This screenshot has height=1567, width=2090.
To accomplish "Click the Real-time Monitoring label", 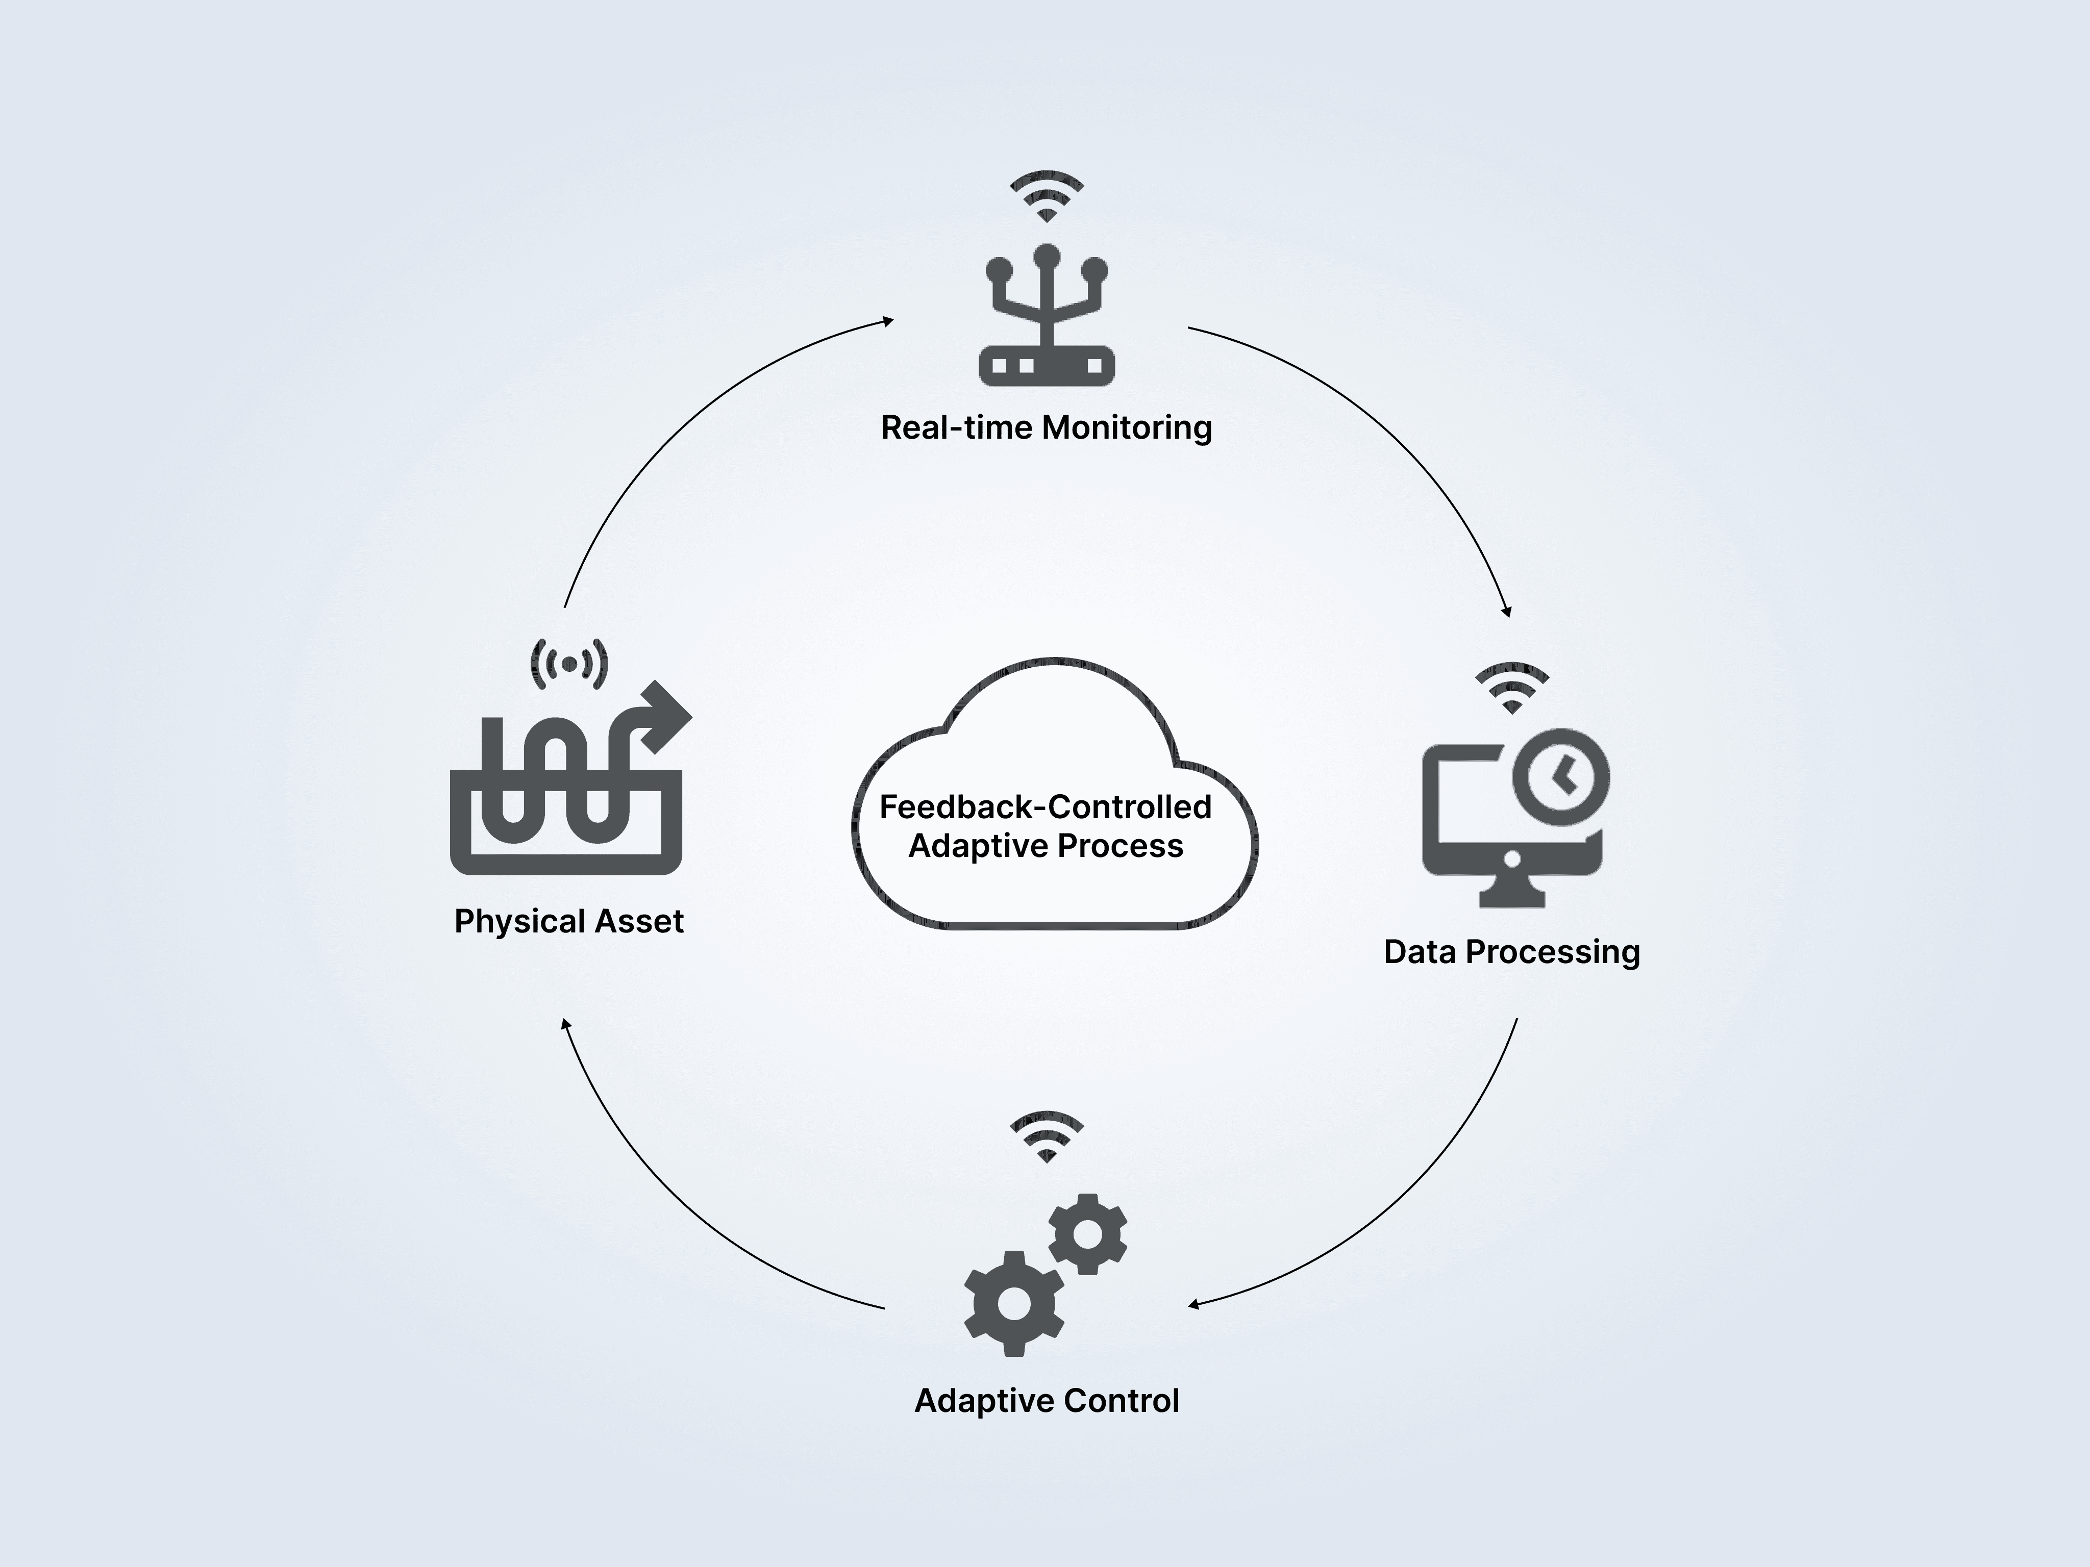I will [x=1046, y=428].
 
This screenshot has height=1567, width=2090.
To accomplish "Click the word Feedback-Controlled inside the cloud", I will [x=1045, y=806].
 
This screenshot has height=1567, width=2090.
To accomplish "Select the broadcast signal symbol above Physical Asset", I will [x=569, y=664].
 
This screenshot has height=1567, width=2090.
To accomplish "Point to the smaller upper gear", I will [x=1087, y=1233].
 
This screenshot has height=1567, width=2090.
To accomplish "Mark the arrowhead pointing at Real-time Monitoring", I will [x=888, y=321].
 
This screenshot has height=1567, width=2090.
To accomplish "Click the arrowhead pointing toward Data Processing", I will [x=1507, y=611].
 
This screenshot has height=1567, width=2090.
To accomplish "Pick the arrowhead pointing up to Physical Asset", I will [x=565, y=1025].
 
